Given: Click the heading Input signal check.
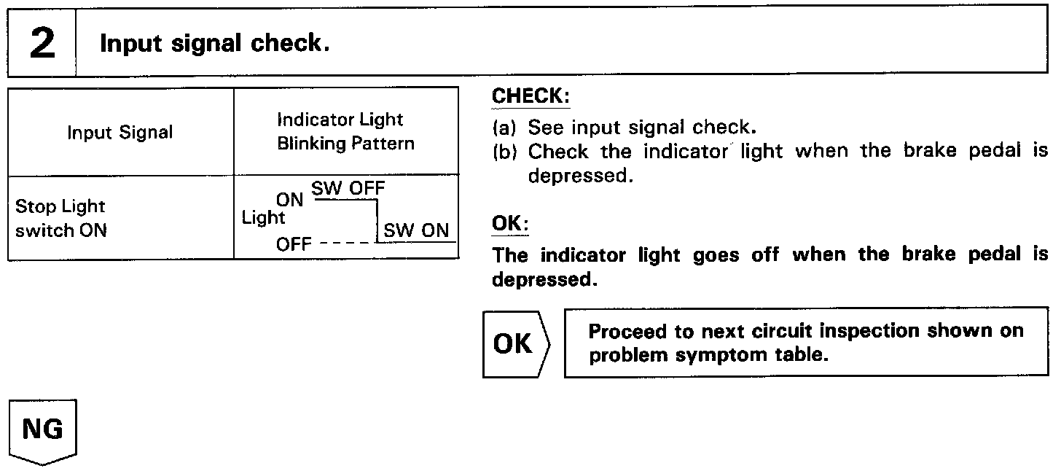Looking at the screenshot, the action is pyautogui.click(x=214, y=44).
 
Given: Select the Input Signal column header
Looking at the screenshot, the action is pyautogui.click(x=120, y=133).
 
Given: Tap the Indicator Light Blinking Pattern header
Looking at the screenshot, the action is pyautogui.click(x=345, y=131).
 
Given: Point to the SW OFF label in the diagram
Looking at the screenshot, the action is pyautogui.click(x=348, y=189).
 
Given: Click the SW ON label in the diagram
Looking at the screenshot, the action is pyautogui.click(x=416, y=230).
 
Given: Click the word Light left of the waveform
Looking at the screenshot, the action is pyautogui.click(x=263, y=217).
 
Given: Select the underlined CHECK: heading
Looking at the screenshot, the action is pyautogui.click(x=531, y=96).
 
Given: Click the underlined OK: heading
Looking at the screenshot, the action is pyautogui.click(x=510, y=224).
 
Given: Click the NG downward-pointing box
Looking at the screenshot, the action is pyautogui.click(x=42, y=430).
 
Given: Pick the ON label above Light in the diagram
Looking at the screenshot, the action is pyautogui.click(x=289, y=200).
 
